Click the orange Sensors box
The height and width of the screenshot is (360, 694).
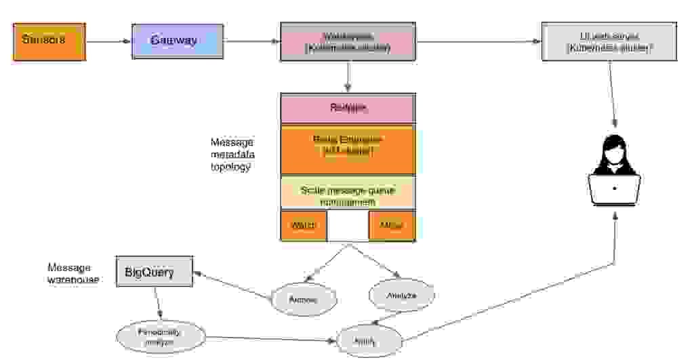tap(49, 41)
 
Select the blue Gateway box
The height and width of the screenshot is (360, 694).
tap(177, 41)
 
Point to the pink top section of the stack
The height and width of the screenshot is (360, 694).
tap(348, 108)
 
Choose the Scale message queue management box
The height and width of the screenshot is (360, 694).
tap(348, 195)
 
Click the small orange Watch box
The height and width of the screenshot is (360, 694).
tap(304, 225)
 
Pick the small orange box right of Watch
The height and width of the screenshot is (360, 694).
tap(391, 225)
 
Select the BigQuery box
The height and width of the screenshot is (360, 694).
tap(155, 273)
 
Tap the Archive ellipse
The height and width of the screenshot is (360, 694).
tap(304, 299)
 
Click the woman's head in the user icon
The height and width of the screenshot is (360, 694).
tap(615, 149)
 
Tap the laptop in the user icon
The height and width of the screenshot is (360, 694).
tap(615, 189)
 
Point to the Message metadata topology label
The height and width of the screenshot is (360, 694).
tap(232, 155)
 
